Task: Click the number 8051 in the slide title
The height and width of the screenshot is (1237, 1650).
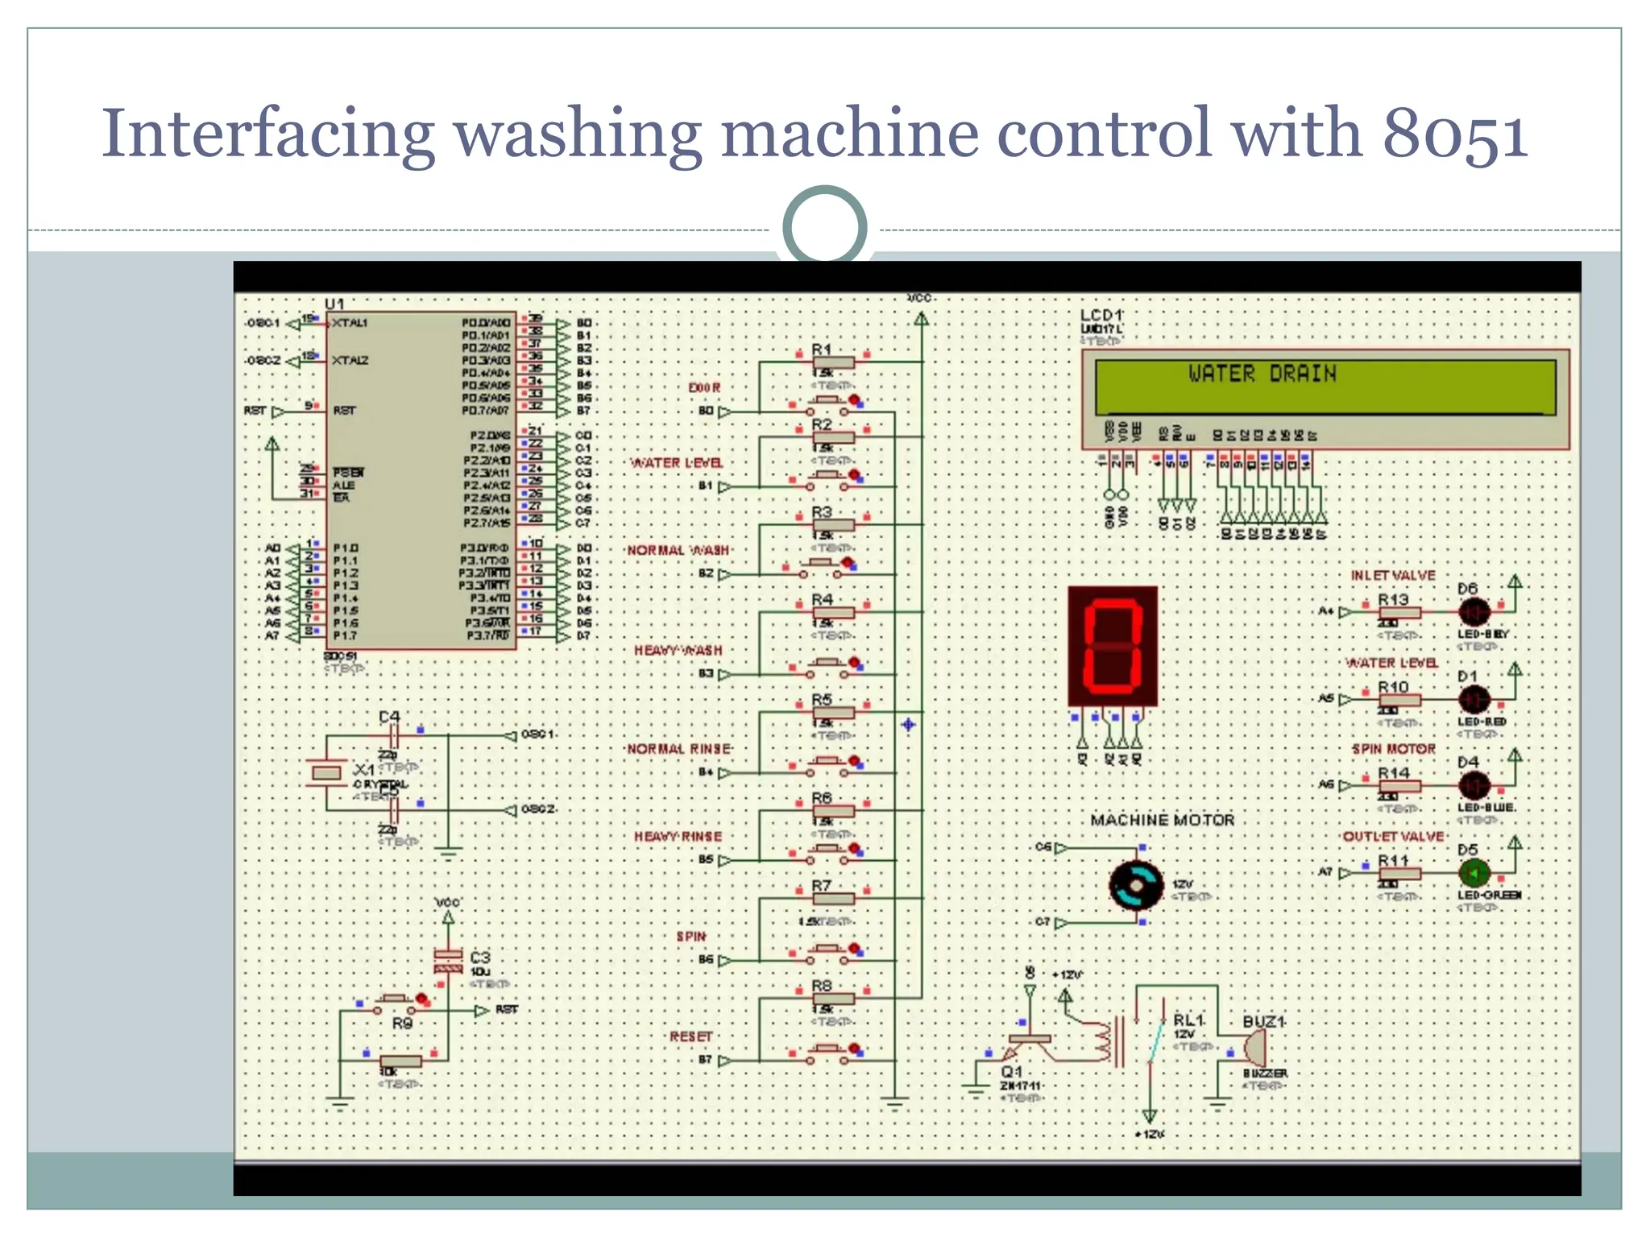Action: coord(1454,133)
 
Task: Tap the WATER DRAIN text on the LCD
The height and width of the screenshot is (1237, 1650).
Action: coord(1262,374)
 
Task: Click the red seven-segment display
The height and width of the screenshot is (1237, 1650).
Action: coord(1113,647)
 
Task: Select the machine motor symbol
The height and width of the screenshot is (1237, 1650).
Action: coord(1135,885)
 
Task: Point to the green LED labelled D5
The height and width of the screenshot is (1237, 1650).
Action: coord(1474,873)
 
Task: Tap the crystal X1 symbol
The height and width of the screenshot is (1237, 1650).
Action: coord(326,773)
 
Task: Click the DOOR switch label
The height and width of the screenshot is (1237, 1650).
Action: coord(704,388)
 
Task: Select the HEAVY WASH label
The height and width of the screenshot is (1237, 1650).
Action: coord(678,651)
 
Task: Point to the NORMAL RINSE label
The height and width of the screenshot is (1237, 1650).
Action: coord(678,749)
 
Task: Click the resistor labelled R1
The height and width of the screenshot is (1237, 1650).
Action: coord(833,363)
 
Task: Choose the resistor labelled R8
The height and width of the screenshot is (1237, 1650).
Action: coord(833,999)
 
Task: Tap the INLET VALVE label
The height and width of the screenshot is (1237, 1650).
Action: coord(1393,576)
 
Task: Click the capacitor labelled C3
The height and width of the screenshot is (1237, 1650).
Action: coord(449,960)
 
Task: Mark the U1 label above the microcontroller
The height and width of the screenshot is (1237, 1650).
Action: coord(334,304)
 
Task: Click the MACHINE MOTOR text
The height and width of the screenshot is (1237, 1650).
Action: coord(1162,820)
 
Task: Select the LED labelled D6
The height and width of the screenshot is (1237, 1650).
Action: coord(1474,612)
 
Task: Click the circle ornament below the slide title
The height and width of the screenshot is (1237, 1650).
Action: coord(824,226)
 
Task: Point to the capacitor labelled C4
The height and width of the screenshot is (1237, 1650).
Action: coord(393,735)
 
